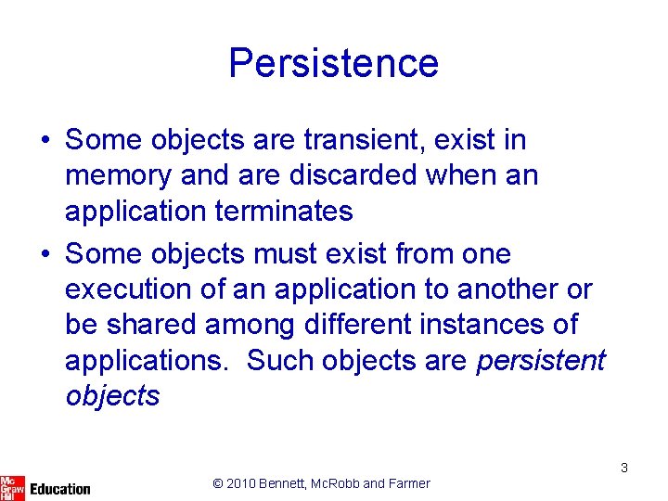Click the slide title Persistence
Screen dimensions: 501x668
[x=333, y=63]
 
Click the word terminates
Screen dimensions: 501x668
[x=283, y=212]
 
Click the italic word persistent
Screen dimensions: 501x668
[x=540, y=360]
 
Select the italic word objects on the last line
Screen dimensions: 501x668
[x=112, y=396]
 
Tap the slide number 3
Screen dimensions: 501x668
[x=624, y=468]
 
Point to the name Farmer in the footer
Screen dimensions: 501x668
[x=409, y=483]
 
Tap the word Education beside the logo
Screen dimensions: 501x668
[x=60, y=488]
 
